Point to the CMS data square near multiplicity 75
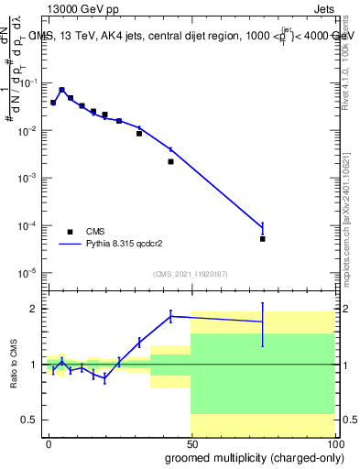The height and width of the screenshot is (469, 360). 263,238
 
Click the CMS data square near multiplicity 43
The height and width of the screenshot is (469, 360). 170,161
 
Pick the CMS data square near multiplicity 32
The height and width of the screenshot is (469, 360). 139,134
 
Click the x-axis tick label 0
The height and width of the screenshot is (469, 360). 49,443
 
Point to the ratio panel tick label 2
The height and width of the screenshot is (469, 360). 31,309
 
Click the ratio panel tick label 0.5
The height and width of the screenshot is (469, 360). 27,420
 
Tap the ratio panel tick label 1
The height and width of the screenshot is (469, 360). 31,365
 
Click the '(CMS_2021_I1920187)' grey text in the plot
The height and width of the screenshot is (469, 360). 191,274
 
